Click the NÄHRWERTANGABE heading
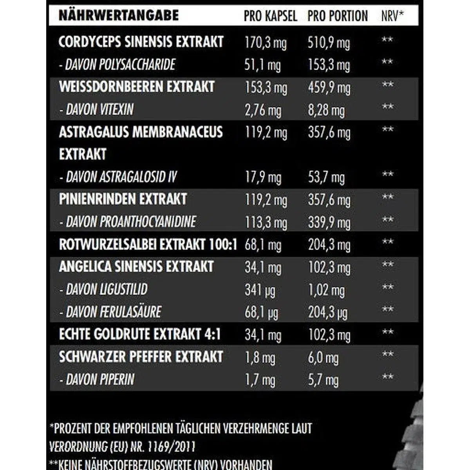point(118,16)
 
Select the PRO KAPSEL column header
point(270,16)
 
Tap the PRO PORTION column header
point(338,16)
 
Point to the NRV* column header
point(392,16)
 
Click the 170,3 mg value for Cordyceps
point(266,43)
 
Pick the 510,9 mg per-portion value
point(329,43)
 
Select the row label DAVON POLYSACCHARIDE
point(117,65)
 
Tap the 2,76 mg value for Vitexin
point(263,110)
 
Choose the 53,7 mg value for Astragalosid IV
point(326,177)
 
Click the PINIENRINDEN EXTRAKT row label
point(123,199)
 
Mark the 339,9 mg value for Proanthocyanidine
point(329,222)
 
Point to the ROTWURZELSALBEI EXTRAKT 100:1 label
point(148,245)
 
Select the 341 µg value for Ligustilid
point(260,290)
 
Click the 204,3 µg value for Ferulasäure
point(328,313)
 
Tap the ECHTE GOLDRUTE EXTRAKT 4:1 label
point(140,334)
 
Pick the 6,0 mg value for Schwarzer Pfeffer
point(323,358)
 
